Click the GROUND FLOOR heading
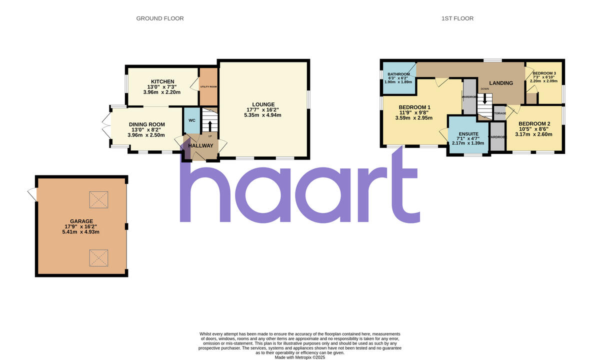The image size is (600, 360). (x=160, y=18)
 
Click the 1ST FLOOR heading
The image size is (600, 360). (x=457, y=18)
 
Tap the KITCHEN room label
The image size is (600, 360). (x=163, y=81)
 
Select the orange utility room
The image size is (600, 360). (x=208, y=86)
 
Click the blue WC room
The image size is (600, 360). (x=192, y=120)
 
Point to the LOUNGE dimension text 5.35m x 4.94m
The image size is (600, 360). (x=263, y=115)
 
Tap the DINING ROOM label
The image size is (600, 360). (x=146, y=124)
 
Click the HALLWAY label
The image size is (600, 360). (x=200, y=145)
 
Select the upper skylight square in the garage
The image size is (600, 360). (x=98, y=200)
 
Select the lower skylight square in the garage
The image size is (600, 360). (x=98, y=258)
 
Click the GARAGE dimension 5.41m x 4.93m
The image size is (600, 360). (x=81, y=231)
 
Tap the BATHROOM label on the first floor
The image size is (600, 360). (x=398, y=74)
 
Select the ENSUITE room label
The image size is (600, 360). (x=468, y=134)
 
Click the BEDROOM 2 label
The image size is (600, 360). (x=534, y=124)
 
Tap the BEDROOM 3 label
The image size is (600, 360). (x=544, y=73)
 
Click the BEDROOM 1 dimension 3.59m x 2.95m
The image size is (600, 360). (x=415, y=118)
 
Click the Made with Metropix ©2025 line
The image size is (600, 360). (x=300, y=357)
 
